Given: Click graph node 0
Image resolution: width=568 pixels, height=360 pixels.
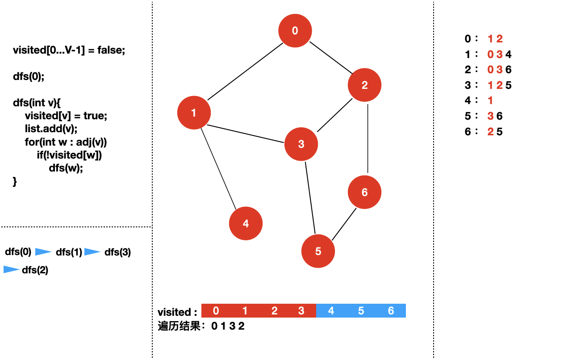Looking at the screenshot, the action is [295, 31].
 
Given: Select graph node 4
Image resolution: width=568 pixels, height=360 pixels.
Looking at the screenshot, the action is [246, 224].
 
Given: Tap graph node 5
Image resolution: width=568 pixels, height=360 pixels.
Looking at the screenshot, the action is [318, 251].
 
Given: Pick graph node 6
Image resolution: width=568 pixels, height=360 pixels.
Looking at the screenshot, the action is [365, 193].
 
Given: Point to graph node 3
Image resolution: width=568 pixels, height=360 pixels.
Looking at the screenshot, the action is [301, 144].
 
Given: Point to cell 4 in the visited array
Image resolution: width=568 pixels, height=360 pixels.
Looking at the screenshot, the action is [331, 311].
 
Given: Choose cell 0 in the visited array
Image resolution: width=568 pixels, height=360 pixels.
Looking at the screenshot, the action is [216, 311].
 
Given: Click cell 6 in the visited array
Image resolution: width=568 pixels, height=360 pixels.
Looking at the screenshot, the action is [391, 311].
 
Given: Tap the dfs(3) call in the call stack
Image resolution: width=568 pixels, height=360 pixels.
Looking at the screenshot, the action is [117, 252].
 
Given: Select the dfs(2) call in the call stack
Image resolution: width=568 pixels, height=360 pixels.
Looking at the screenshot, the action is [35, 270].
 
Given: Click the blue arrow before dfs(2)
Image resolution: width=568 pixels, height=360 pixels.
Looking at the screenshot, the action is [11, 270].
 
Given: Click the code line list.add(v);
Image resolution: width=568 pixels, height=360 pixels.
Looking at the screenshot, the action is [51, 129].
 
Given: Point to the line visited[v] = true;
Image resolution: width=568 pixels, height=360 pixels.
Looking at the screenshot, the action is [66, 116].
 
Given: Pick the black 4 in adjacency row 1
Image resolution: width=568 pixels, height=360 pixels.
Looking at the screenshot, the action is [508, 54].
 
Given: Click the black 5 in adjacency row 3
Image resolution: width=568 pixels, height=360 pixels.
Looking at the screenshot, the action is [508, 85].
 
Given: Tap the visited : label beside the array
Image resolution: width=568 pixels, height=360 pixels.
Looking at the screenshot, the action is [177, 312].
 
